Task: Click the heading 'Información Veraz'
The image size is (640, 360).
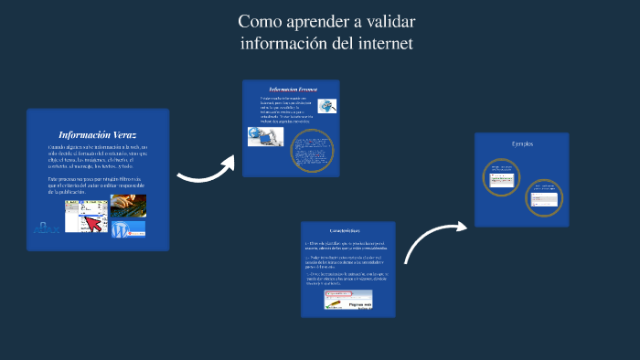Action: click(97, 134)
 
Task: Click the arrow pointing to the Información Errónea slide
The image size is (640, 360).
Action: click(206, 170)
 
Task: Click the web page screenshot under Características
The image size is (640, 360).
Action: click(349, 298)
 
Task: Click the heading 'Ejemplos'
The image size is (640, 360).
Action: click(522, 143)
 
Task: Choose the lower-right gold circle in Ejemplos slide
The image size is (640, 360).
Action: click(545, 196)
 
